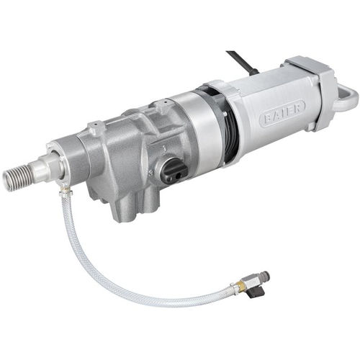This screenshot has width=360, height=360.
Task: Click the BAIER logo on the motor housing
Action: (x=282, y=112)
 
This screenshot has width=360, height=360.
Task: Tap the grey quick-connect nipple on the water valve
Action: (x=265, y=275)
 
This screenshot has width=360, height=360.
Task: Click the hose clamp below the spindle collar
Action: (x=65, y=189)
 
